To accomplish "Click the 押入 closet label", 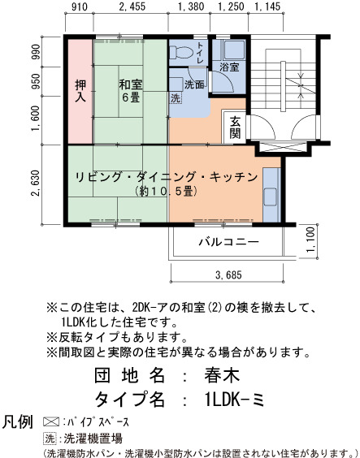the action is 80,91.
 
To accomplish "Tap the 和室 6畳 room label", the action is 131,91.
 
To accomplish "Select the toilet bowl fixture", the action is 181,53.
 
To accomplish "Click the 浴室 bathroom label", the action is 229,67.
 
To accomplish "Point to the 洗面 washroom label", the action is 194,84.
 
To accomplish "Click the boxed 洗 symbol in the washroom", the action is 176,97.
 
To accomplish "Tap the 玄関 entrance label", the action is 235,127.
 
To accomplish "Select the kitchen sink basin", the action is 270,197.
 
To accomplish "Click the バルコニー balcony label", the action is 229,242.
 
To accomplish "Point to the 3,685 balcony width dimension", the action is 229,275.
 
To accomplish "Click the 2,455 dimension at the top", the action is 132,6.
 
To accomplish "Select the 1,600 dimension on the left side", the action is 36,119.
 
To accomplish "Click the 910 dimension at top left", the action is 80,6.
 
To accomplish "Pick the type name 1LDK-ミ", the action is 235,400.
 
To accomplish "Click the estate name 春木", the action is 222,375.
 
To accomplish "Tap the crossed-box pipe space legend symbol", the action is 51,422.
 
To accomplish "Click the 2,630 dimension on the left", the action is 36,184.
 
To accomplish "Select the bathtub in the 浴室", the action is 234,50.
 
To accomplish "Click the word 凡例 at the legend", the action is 18,421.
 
